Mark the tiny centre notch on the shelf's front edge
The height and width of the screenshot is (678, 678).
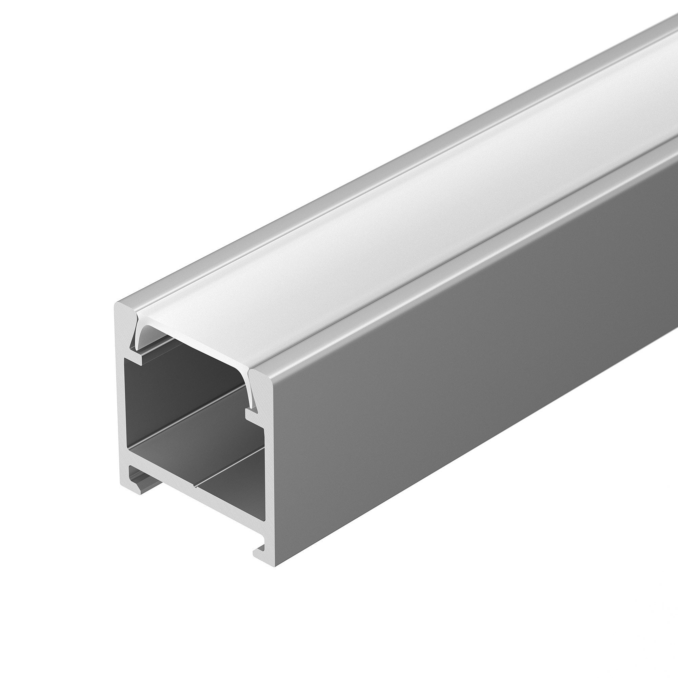(194, 486)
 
